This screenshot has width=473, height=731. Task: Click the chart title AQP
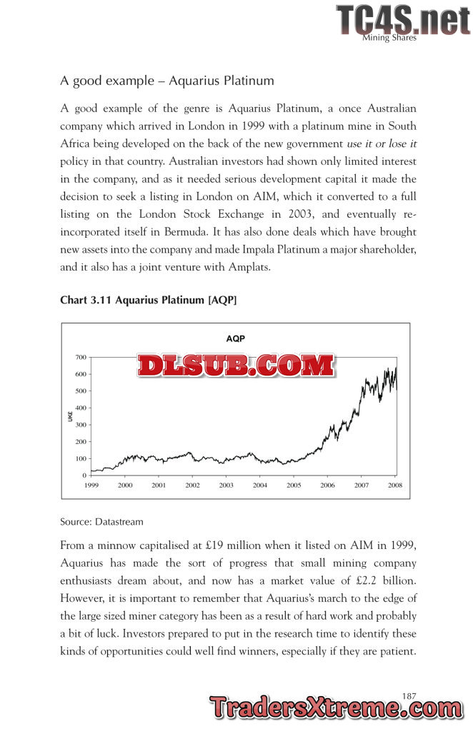tap(235, 338)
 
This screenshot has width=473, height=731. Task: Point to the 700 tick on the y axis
tap(80, 357)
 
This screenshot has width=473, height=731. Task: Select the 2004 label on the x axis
tap(260, 485)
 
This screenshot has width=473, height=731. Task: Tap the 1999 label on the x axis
tap(91, 485)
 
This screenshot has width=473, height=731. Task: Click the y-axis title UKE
tap(70, 415)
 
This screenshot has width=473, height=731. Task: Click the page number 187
tap(409, 695)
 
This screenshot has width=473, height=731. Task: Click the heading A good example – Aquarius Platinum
tap(167, 81)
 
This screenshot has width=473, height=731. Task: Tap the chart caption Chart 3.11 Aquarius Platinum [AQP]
tap(149, 301)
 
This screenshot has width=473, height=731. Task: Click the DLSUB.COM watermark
tap(235, 366)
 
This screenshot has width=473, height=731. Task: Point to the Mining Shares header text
tap(389, 38)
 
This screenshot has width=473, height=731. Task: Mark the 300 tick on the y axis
tap(80, 425)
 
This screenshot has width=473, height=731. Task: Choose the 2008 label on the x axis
tap(394, 485)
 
